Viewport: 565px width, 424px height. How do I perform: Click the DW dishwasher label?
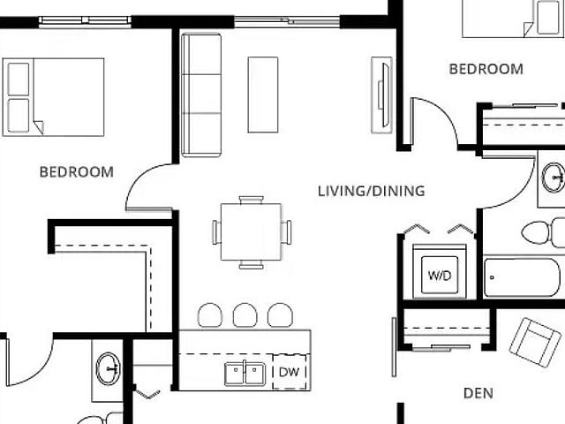289,372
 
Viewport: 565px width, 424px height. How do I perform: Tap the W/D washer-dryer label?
440,276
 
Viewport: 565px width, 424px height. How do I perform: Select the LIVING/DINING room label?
372,191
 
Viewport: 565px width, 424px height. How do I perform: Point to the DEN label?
478,393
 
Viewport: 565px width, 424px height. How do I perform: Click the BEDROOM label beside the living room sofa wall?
77,172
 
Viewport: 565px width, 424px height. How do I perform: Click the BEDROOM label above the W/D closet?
486,69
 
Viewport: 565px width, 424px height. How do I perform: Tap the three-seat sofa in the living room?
201,95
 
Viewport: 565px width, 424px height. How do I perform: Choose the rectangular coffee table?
263,95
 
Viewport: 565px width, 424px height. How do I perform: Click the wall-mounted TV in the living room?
382,95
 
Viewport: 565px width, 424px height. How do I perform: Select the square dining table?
251,231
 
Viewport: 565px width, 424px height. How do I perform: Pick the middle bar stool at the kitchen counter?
245,315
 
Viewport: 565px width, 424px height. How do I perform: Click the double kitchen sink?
245,374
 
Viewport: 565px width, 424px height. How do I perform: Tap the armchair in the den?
535,342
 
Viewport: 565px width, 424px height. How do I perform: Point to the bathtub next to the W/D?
524,277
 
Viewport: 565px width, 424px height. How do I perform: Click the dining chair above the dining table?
251,200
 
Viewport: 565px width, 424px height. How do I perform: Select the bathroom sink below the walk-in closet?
108,368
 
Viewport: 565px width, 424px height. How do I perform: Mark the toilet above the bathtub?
543,233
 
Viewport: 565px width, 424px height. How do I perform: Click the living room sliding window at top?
287,22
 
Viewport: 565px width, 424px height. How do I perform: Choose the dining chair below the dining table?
251,264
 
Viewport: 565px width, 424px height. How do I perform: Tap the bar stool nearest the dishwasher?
280,315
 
